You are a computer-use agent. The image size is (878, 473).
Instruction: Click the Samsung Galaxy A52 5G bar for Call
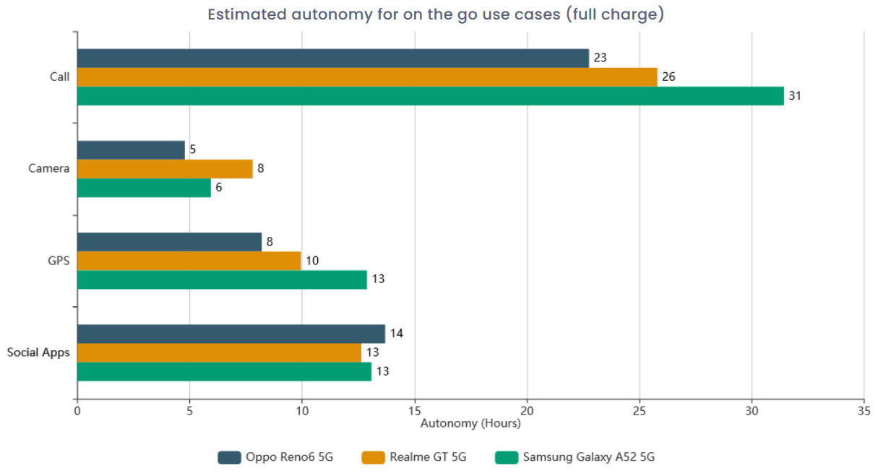coord(430,96)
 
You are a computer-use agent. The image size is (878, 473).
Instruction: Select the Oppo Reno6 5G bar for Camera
coord(131,149)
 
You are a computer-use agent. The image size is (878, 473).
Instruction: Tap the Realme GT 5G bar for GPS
coord(189,261)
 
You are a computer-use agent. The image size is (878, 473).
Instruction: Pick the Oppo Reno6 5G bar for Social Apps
coord(231,334)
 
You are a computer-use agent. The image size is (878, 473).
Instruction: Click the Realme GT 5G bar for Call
coord(367,77)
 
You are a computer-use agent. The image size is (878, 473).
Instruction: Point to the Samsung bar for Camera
coord(144,188)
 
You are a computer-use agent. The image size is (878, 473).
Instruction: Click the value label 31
coord(795,96)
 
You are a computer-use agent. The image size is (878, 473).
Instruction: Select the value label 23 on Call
coord(600,58)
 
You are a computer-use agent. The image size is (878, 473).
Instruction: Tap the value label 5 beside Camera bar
coord(193,149)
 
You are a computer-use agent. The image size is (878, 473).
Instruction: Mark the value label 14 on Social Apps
coord(396,334)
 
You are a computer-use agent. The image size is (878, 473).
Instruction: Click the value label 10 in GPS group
coord(312,261)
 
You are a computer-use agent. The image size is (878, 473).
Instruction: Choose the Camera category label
coord(49,169)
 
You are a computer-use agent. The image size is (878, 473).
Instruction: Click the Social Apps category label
coord(38,353)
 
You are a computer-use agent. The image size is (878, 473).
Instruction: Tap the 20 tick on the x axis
coord(528,411)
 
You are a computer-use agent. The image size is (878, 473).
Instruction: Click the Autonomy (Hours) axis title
coord(470,423)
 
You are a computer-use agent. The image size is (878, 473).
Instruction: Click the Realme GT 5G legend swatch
coord(373,457)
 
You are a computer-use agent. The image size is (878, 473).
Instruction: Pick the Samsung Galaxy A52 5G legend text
coord(589,457)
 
